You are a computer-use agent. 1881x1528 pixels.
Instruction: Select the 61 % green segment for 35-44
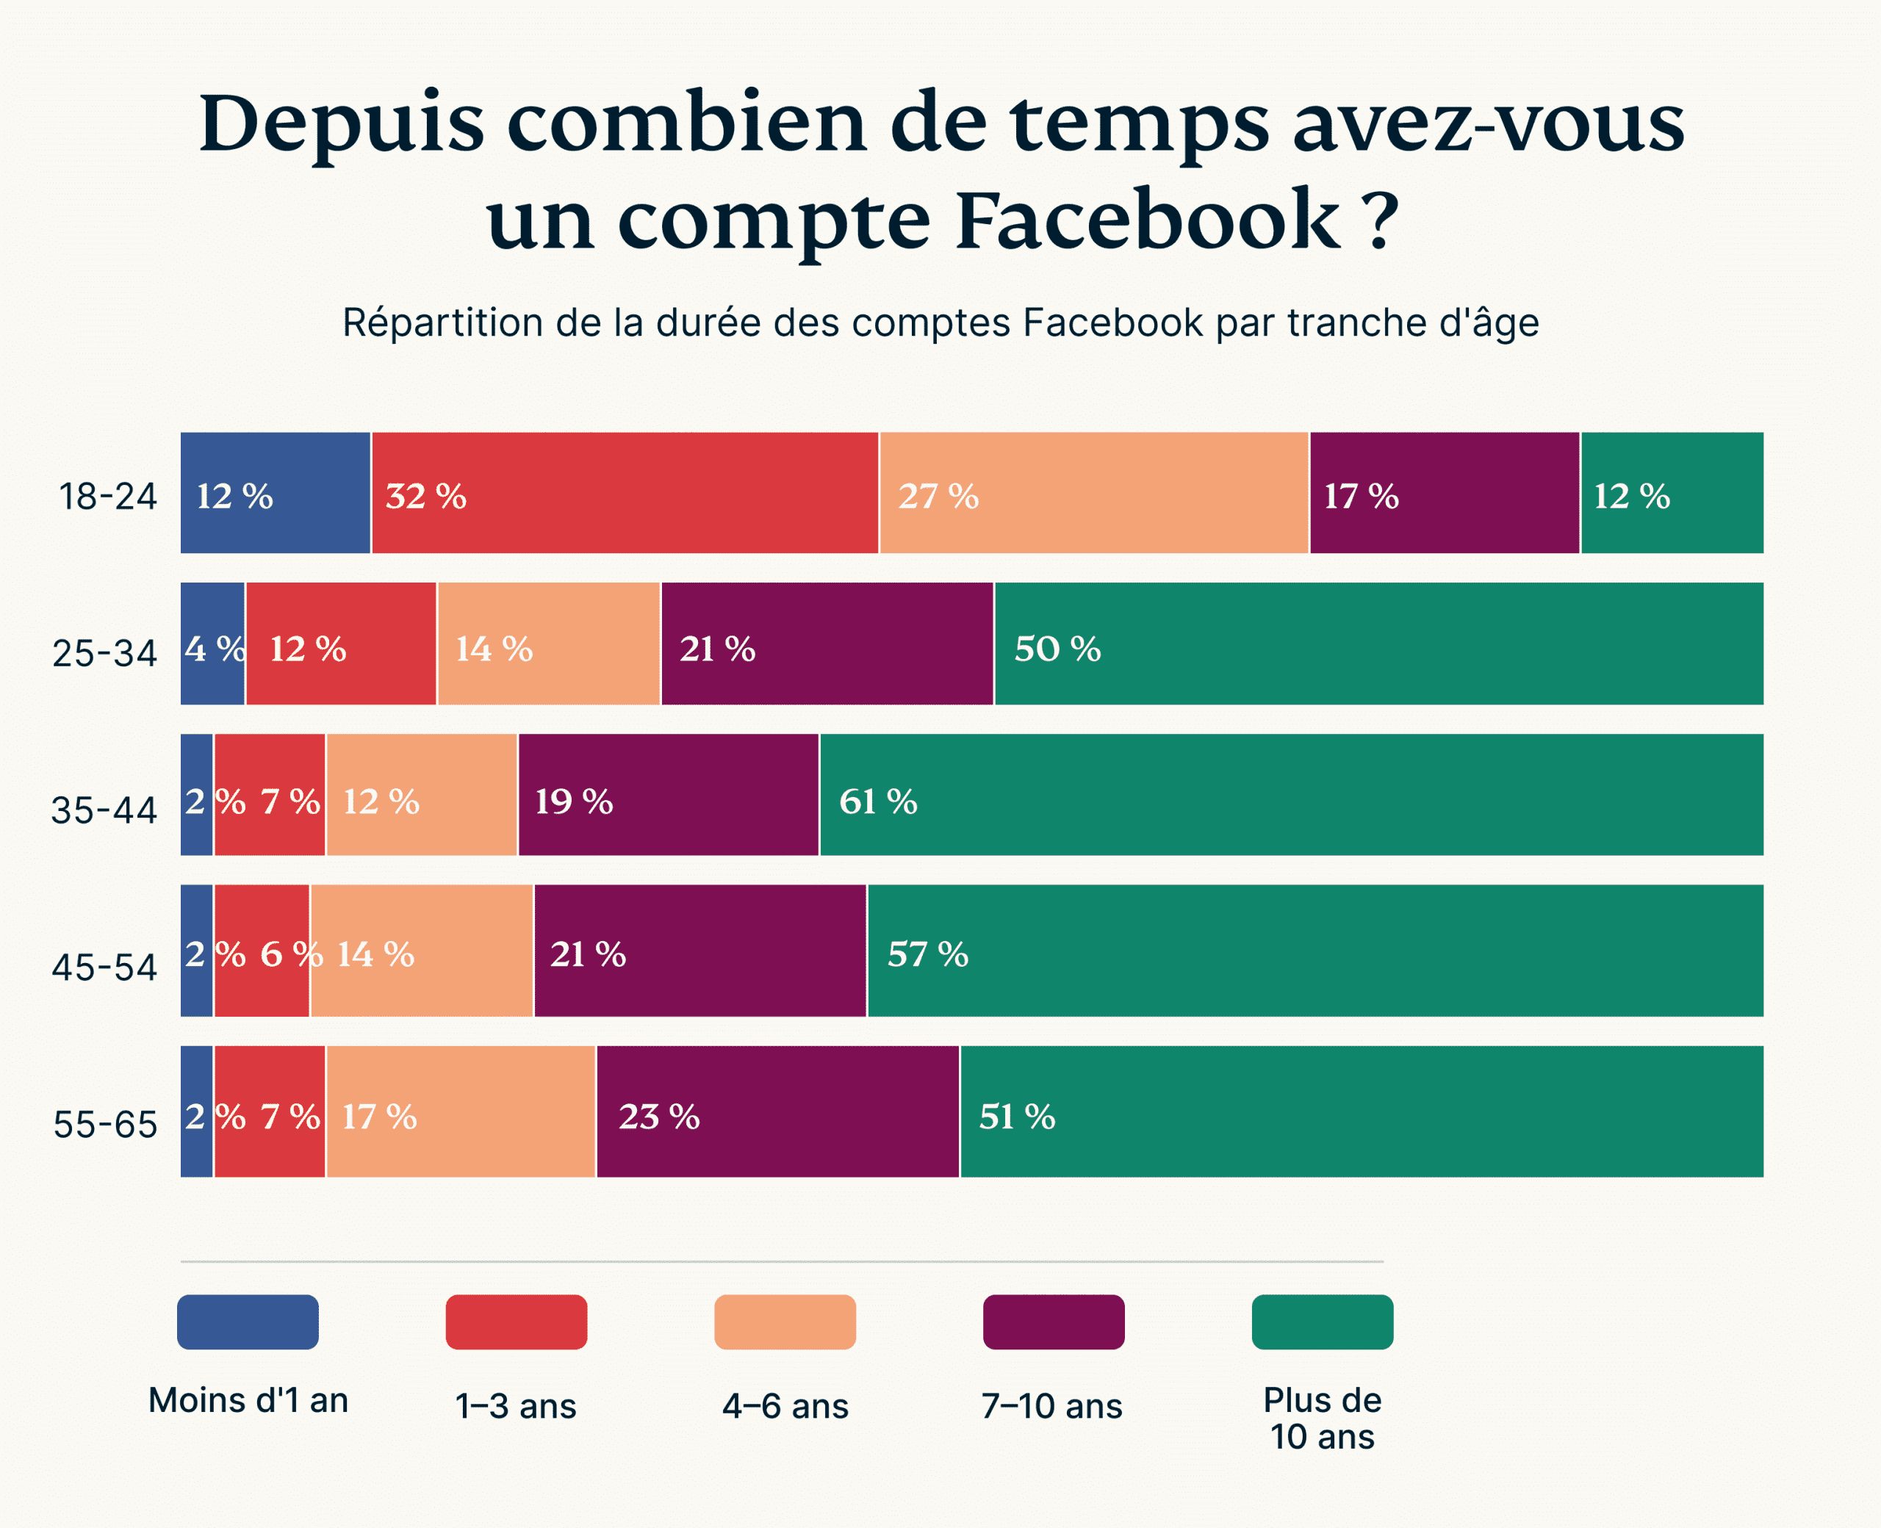pyautogui.click(x=1290, y=794)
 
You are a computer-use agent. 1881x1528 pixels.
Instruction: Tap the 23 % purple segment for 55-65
pyautogui.click(x=777, y=1111)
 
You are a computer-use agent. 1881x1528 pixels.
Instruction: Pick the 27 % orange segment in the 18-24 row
pyautogui.click(x=1093, y=493)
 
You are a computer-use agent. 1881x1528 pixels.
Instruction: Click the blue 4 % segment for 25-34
pyautogui.click(x=212, y=644)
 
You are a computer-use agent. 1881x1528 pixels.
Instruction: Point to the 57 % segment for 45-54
pyautogui.click(x=1314, y=950)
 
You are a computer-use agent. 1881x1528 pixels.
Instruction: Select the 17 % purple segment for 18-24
pyautogui.click(x=1444, y=493)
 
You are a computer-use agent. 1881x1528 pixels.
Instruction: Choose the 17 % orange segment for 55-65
pyautogui.click(x=461, y=1111)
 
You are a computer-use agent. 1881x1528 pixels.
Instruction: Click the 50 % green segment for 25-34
pyautogui.click(x=1378, y=644)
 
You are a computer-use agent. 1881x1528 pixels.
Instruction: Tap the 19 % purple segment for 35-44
pyautogui.click(x=668, y=794)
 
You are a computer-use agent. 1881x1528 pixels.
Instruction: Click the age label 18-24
pyautogui.click(x=107, y=497)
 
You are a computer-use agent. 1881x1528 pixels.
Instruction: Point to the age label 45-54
pyautogui.click(x=104, y=967)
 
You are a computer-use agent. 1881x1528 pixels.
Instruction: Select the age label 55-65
pyautogui.click(x=105, y=1124)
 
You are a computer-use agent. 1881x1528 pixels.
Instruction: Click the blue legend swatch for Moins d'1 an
pyautogui.click(x=248, y=1321)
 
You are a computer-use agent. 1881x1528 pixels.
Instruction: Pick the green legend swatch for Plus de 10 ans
pyautogui.click(x=1321, y=1321)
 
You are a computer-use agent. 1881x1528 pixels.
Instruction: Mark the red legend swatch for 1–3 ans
pyautogui.click(x=516, y=1321)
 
